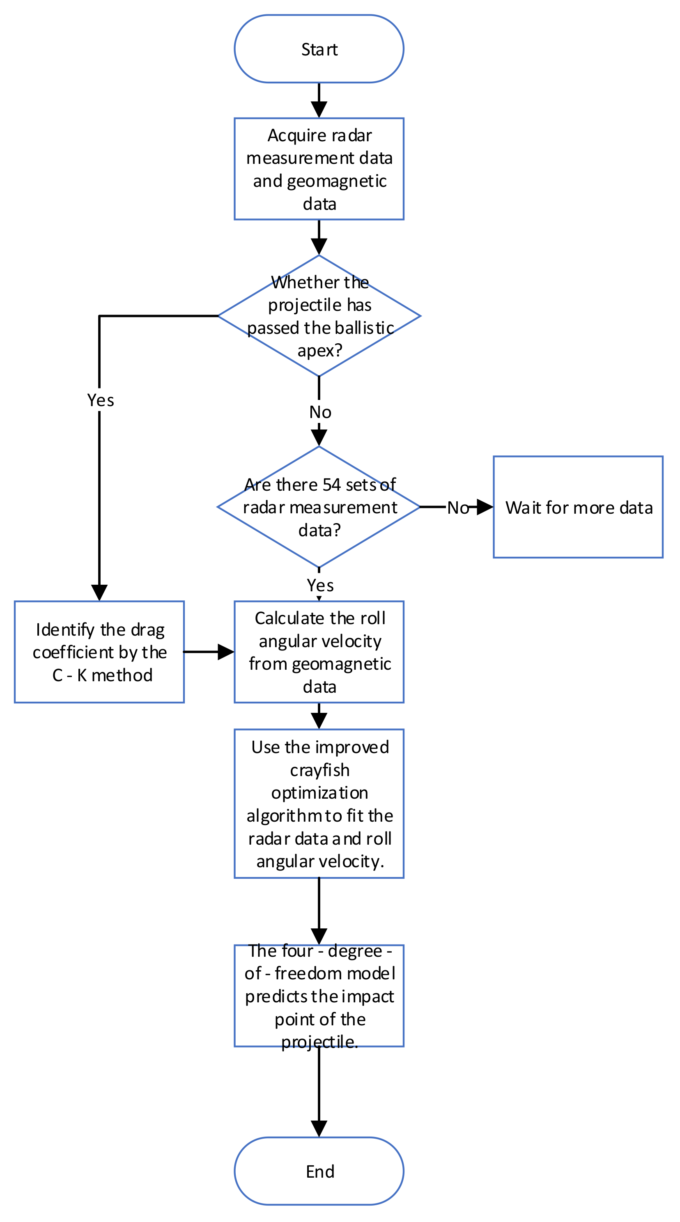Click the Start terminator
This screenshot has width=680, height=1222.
[x=319, y=49]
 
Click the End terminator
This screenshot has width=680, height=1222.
[x=319, y=1171]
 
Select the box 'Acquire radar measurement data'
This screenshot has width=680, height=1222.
[x=319, y=169]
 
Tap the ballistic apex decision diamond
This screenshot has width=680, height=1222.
[x=319, y=316]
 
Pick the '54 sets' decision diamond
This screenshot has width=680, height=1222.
[x=319, y=507]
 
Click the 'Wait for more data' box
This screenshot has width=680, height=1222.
[x=578, y=507]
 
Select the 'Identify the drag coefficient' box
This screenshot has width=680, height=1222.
[x=99, y=652]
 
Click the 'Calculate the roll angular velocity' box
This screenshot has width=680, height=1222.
[x=319, y=652]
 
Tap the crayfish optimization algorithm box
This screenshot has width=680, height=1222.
[x=319, y=804]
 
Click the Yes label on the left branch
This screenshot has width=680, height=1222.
[x=100, y=400]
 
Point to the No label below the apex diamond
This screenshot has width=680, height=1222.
[x=320, y=412]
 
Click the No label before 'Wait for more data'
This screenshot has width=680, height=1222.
[x=458, y=508]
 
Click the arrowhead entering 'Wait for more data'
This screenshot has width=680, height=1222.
[x=485, y=507]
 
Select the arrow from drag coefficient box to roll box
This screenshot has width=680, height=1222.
[x=209, y=652]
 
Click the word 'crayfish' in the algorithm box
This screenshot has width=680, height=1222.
[x=320, y=770]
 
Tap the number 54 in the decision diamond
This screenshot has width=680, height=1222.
[x=331, y=485]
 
